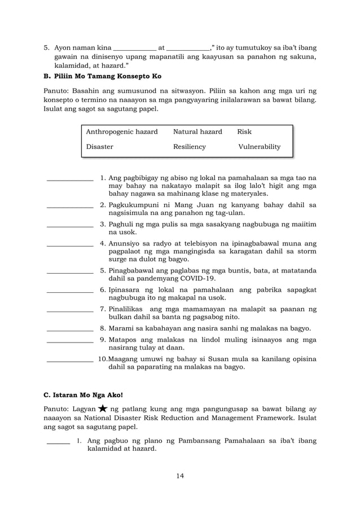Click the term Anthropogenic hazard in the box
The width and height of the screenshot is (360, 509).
(x=121, y=131)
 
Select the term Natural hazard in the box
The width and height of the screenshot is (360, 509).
(x=197, y=131)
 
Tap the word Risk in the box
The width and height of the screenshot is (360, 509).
(x=244, y=131)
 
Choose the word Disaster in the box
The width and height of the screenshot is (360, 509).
(x=99, y=147)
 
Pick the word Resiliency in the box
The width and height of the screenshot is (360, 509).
(x=189, y=147)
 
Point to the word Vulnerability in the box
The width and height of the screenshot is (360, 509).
(x=260, y=147)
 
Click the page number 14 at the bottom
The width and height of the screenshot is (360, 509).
(x=179, y=476)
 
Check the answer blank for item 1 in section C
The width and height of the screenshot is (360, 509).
(x=58, y=442)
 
